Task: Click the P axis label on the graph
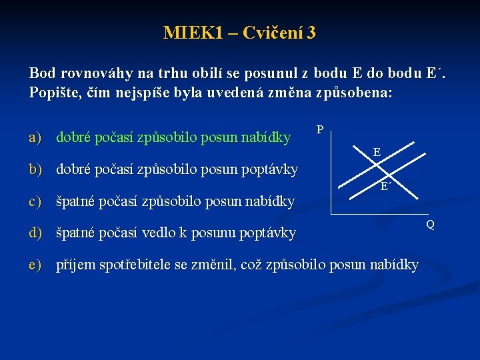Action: click(x=320, y=129)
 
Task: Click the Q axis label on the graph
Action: click(x=430, y=225)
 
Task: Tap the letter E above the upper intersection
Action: click(x=377, y=153)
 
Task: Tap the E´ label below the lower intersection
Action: click(x=385, y=187)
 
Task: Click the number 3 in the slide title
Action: click(x=311, y=33)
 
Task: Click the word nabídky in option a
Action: click(x=267, y=138)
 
